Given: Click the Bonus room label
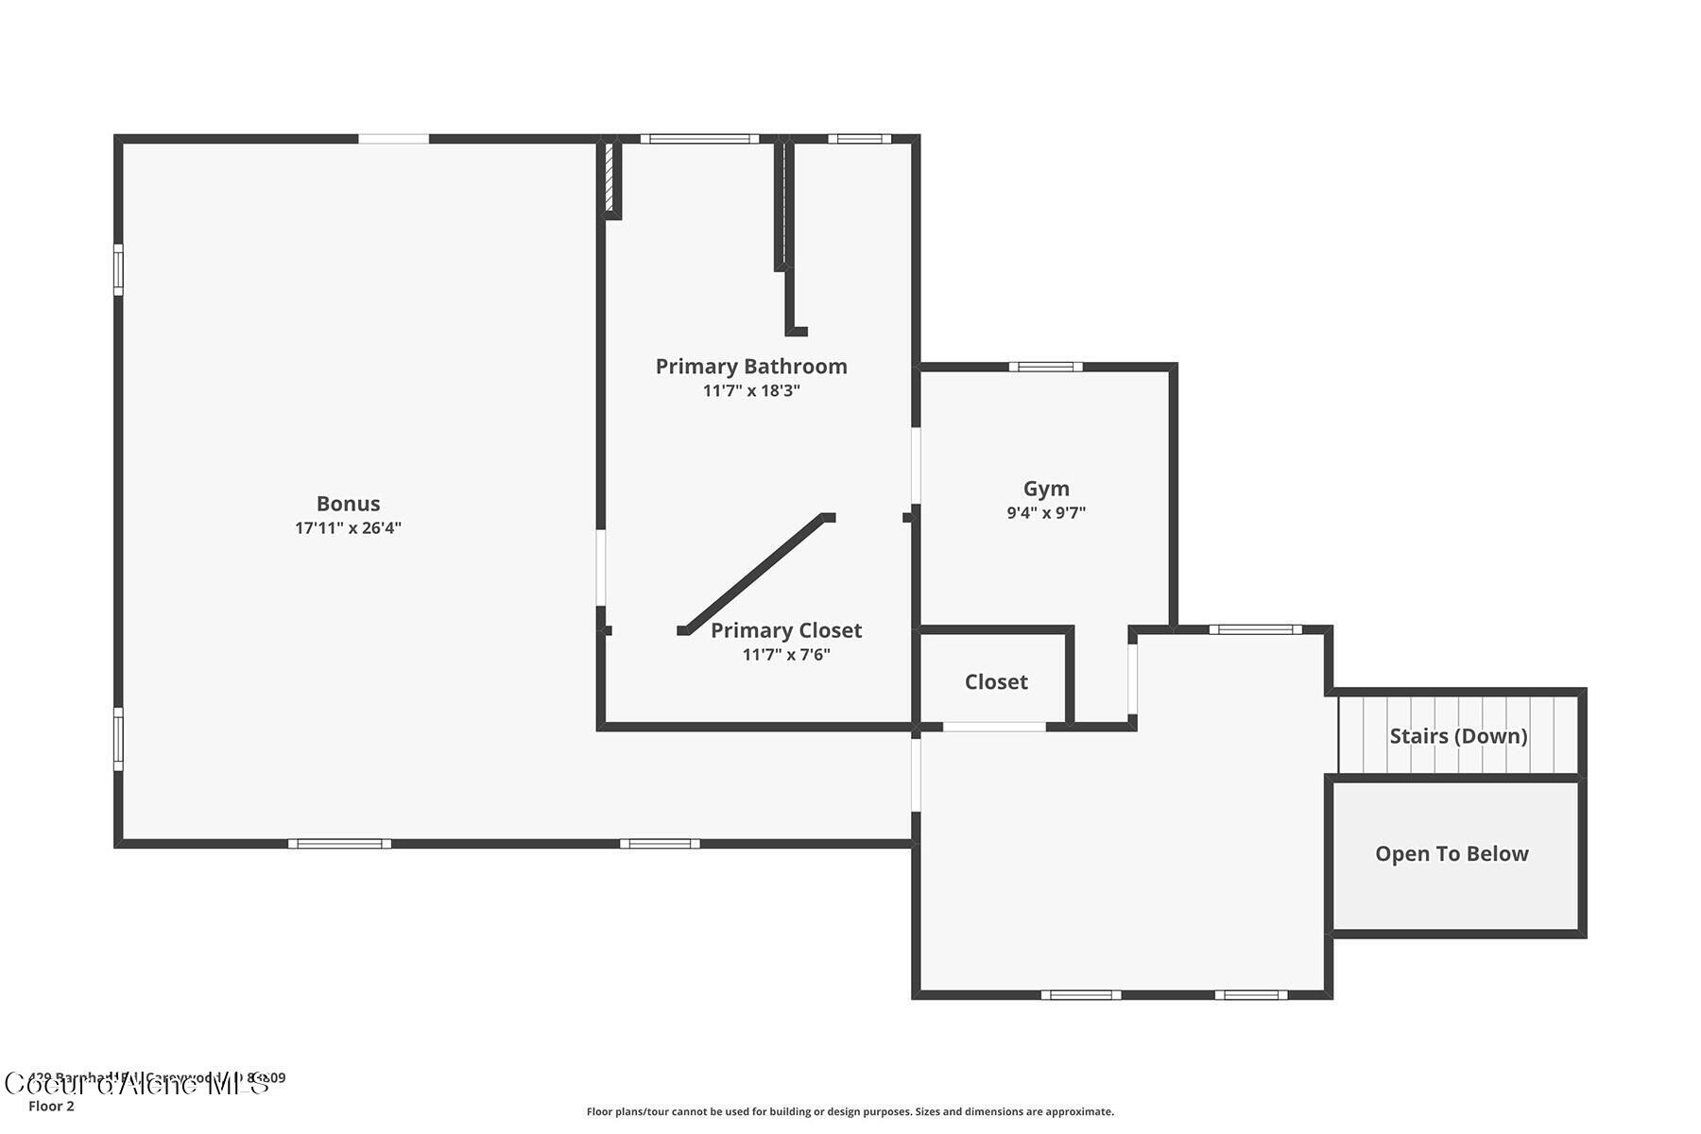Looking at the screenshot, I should [x=348, y=504].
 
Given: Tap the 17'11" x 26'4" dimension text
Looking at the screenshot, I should [x=348, y=528].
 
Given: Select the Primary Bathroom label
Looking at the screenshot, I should [x=751, y=367].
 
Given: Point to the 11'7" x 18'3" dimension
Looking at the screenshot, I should [x=751, y=390].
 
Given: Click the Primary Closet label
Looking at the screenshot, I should [x=786, y=630].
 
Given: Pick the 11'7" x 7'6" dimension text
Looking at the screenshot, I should [x=786, y=654].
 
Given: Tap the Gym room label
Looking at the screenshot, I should [x=1046, y=489].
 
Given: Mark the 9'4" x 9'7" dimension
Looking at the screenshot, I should [x=1046, y=513].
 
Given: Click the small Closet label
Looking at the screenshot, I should [x=996, y=682].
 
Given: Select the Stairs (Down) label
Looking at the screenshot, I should [x=1458, y=736].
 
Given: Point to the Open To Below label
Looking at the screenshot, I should [x=1452, y=854].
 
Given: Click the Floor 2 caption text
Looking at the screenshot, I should [x=51, y=1107].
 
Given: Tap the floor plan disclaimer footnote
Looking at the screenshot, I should [x=850, y=1112].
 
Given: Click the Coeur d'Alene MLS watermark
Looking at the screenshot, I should [x=137, y=1084].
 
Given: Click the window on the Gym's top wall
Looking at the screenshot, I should [x=1045, y=367].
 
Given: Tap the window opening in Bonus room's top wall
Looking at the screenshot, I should [x=393, y=139].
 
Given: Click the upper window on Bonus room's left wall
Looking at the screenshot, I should [x=118, y=269].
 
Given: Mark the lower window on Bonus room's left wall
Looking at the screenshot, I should [x=118, y=738].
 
